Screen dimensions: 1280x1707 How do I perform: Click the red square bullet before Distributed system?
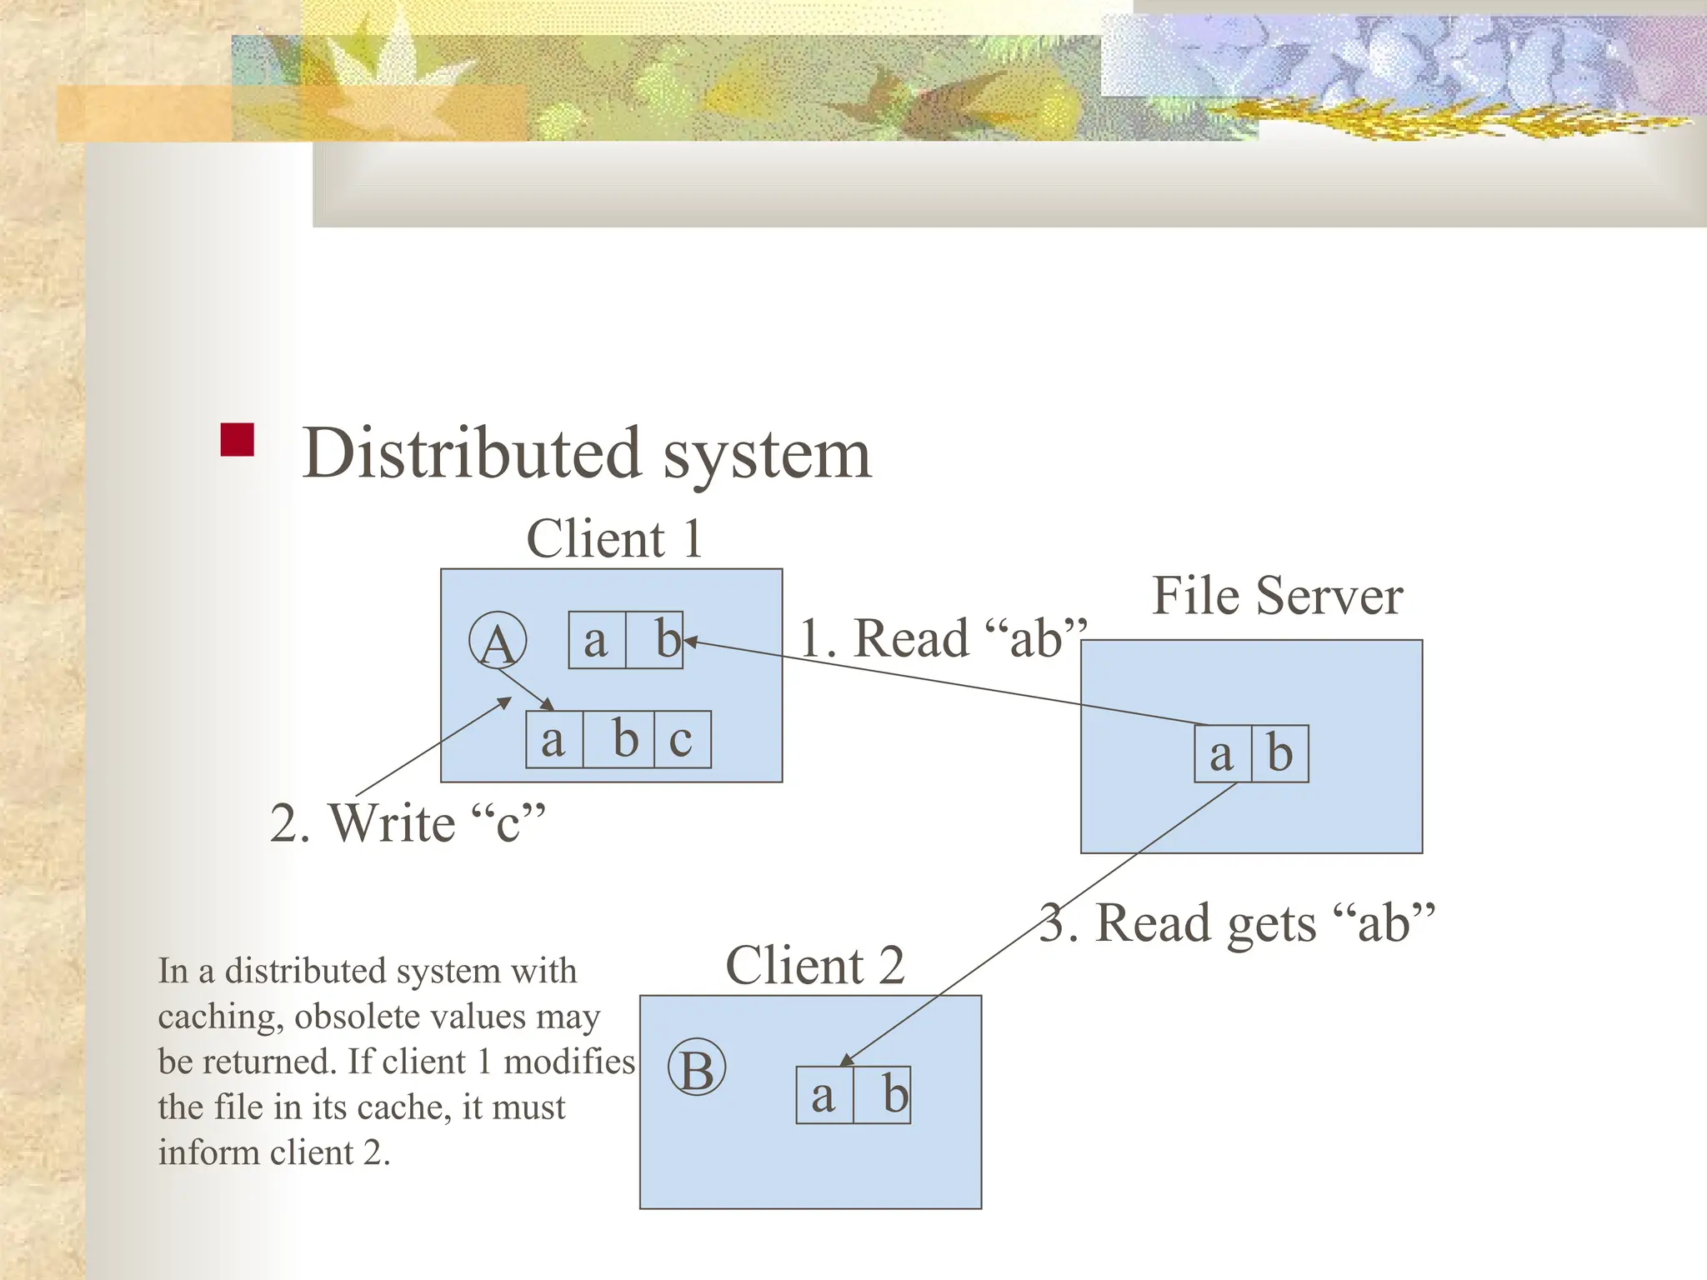pyautogui.click(x=237, y=440)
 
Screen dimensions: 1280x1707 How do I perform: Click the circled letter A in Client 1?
pyautogui.click(x=498, y=642)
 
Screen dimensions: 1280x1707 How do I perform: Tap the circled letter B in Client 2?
pyautogui.click(x=697, y=1067)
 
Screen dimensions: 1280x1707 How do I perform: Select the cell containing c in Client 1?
pyautogui.click(x=682, y=739)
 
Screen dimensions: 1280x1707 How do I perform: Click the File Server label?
pyautogui.click(x=1277, y=597)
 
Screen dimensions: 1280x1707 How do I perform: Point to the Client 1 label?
pyautogui.click(x=614, y=538)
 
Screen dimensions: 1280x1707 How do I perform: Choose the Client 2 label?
pyautogui.click(x=814, y=966)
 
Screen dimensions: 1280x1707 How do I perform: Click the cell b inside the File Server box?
pyautogui.click(x=1279, y=754)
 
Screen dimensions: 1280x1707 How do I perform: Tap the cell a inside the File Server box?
pyautogui.click(x=1222, y=754)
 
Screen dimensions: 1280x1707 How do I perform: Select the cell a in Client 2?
pyautogui.click(x=823, y=1095)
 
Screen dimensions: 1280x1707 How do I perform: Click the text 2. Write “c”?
pyautogui.click(x=408, y=823)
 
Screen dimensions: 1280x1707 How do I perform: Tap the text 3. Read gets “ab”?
pyautogui.click(x=1237, y=923)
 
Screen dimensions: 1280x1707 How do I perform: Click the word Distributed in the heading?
pyautogui.click(x=472, y=453)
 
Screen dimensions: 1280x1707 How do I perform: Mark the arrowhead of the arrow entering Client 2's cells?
pyautogui.click(x=844, y=1061)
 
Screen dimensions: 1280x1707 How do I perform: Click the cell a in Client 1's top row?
pyautogui.click(x=596, y=641)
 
